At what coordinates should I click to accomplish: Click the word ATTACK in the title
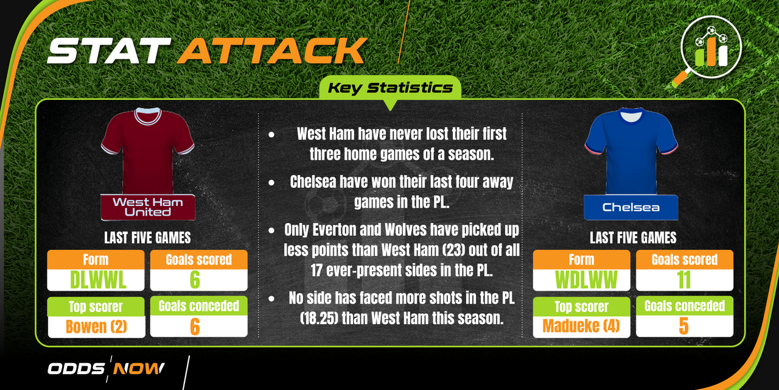coord(272,51)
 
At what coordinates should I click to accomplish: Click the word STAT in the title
coord(109,51)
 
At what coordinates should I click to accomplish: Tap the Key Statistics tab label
coord(390,88)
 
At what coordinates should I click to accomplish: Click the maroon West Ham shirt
coord(148,151)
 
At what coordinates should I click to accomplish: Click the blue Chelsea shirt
coord(631,151)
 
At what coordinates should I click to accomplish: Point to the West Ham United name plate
coord(148,207)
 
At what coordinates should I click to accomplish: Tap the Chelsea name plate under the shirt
coord(631,208)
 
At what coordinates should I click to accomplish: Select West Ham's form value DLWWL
coord(98,280)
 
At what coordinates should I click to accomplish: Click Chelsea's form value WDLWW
coord(586,280)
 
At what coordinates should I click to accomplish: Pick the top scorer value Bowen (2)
coord(96,327)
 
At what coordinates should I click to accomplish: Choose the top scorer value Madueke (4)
coord(581,326)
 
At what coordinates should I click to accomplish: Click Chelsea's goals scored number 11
coord(684,280)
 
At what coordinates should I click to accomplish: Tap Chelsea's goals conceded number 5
coord(683,326)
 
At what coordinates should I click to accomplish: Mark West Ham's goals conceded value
coord(195,327)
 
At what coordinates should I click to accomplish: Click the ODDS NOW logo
coord(106,369)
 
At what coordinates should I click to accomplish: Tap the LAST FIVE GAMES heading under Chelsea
coord(633,238)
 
